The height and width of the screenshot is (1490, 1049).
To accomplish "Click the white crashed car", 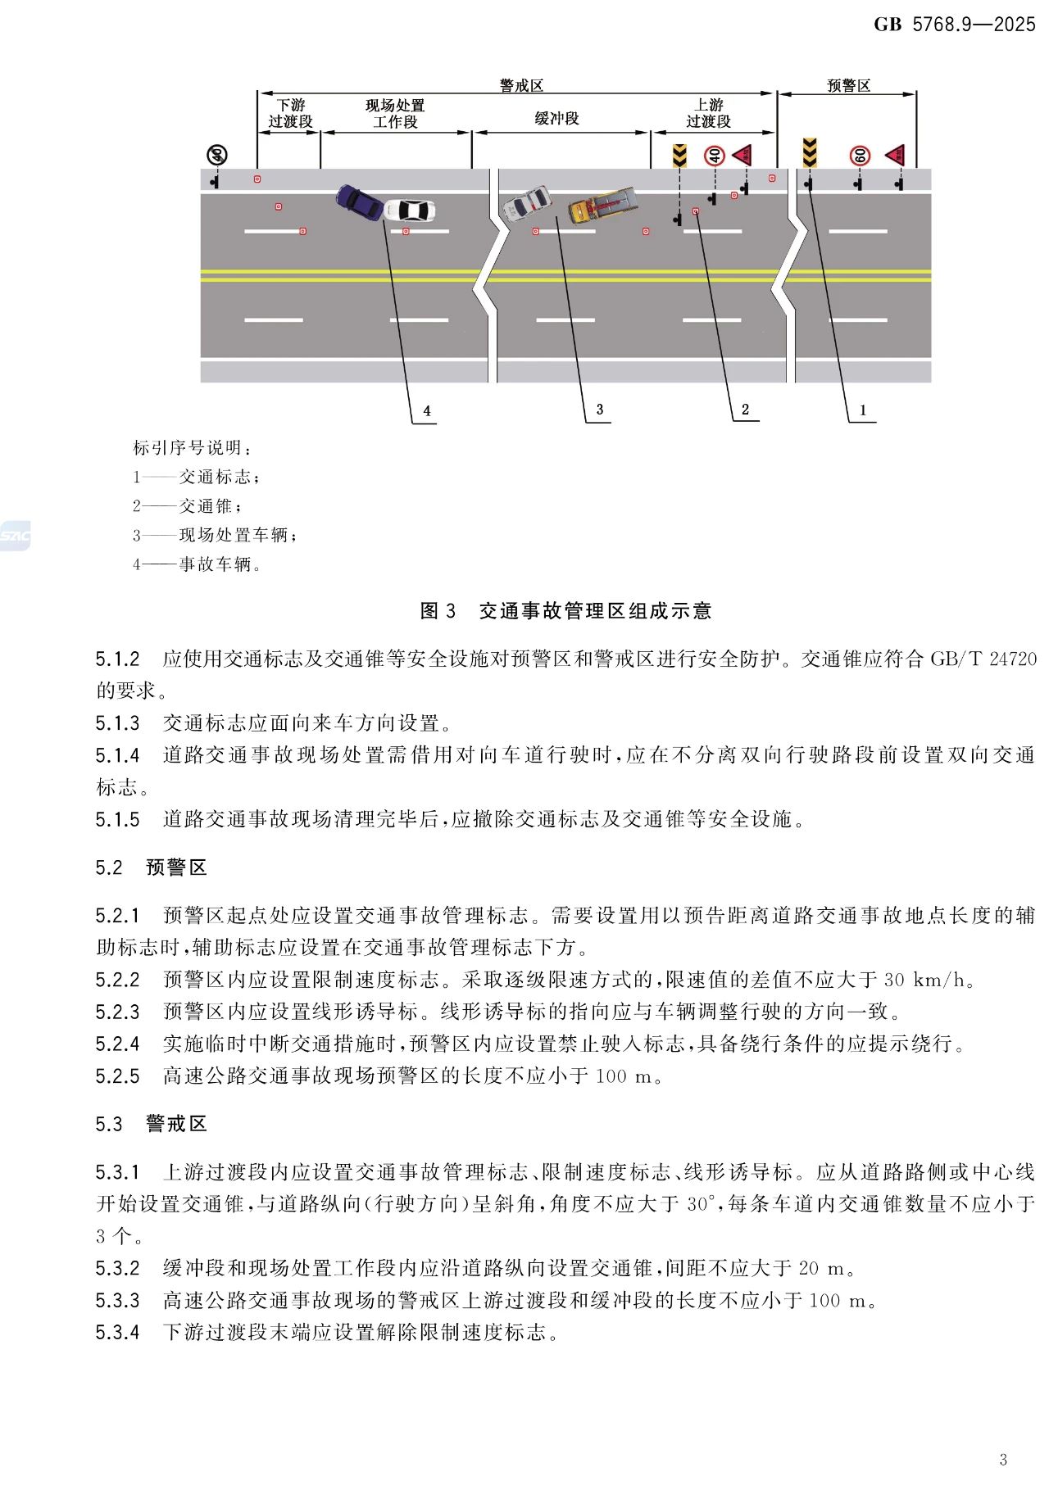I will [409, 211].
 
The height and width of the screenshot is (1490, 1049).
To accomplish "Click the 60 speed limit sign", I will [860, 155].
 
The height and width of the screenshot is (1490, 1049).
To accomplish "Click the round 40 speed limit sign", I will [715, 155].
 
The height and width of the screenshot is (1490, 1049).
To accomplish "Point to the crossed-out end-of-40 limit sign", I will [216, 155].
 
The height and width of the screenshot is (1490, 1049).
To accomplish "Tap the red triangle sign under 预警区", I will [896, 154].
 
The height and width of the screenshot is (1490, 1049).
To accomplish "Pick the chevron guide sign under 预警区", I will [810, 152].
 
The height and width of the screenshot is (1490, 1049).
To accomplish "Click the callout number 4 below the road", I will [426, 410].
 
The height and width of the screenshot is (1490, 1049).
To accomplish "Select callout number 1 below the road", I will [862, 410].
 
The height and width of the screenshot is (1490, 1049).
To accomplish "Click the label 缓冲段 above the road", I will [556, 119].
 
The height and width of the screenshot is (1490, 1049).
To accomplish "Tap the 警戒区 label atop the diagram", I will [521, 86].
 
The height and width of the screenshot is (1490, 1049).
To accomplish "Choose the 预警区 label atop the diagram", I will [848, 86].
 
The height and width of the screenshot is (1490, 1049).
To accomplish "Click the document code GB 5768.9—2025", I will [954, 25].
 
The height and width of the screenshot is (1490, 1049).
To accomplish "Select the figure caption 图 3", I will [438, 610].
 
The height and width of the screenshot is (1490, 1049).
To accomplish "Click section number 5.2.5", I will [117, 1076].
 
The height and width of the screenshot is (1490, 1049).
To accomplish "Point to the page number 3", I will [1004, 1459].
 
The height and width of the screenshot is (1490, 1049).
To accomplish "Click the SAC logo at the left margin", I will [15, 536].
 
